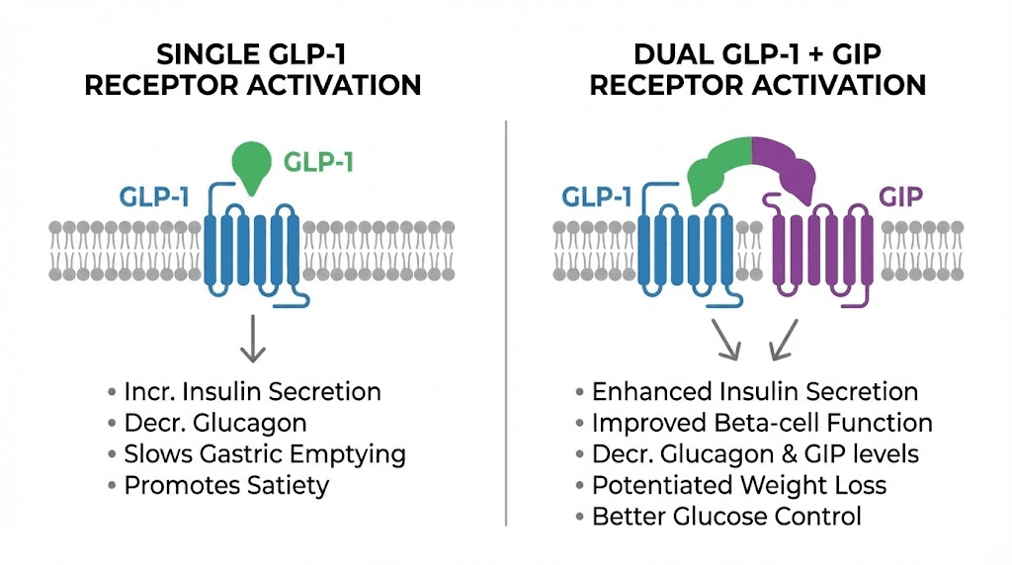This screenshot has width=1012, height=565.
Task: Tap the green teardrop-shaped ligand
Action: (x=250, y=164)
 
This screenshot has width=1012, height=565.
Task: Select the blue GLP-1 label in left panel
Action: (x=155, y=196)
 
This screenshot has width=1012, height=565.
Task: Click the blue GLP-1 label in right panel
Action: (x=598, y=196)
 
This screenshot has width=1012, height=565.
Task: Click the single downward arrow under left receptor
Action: (x=252, y=338)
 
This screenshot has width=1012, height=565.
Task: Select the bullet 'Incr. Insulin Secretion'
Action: (x=252, y=391)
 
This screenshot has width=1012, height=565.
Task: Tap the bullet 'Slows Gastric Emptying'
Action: (x=264, y=454)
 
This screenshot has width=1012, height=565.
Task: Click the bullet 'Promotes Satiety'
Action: (x=226, y=485)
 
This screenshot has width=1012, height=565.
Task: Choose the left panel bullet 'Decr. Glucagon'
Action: (x=214, y=423)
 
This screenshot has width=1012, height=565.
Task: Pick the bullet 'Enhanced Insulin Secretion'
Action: (x=754, y=391)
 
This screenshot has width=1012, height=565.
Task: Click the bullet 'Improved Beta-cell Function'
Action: (x=761, y=423)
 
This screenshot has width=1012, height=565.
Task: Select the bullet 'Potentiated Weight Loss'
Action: (x=738, y=485)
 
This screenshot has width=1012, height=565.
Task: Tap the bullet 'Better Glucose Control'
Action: (x=726, y=516)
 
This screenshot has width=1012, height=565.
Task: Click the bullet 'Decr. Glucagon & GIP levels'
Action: (x=755, y=454)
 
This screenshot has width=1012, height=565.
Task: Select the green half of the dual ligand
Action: (x=719, y=168)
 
